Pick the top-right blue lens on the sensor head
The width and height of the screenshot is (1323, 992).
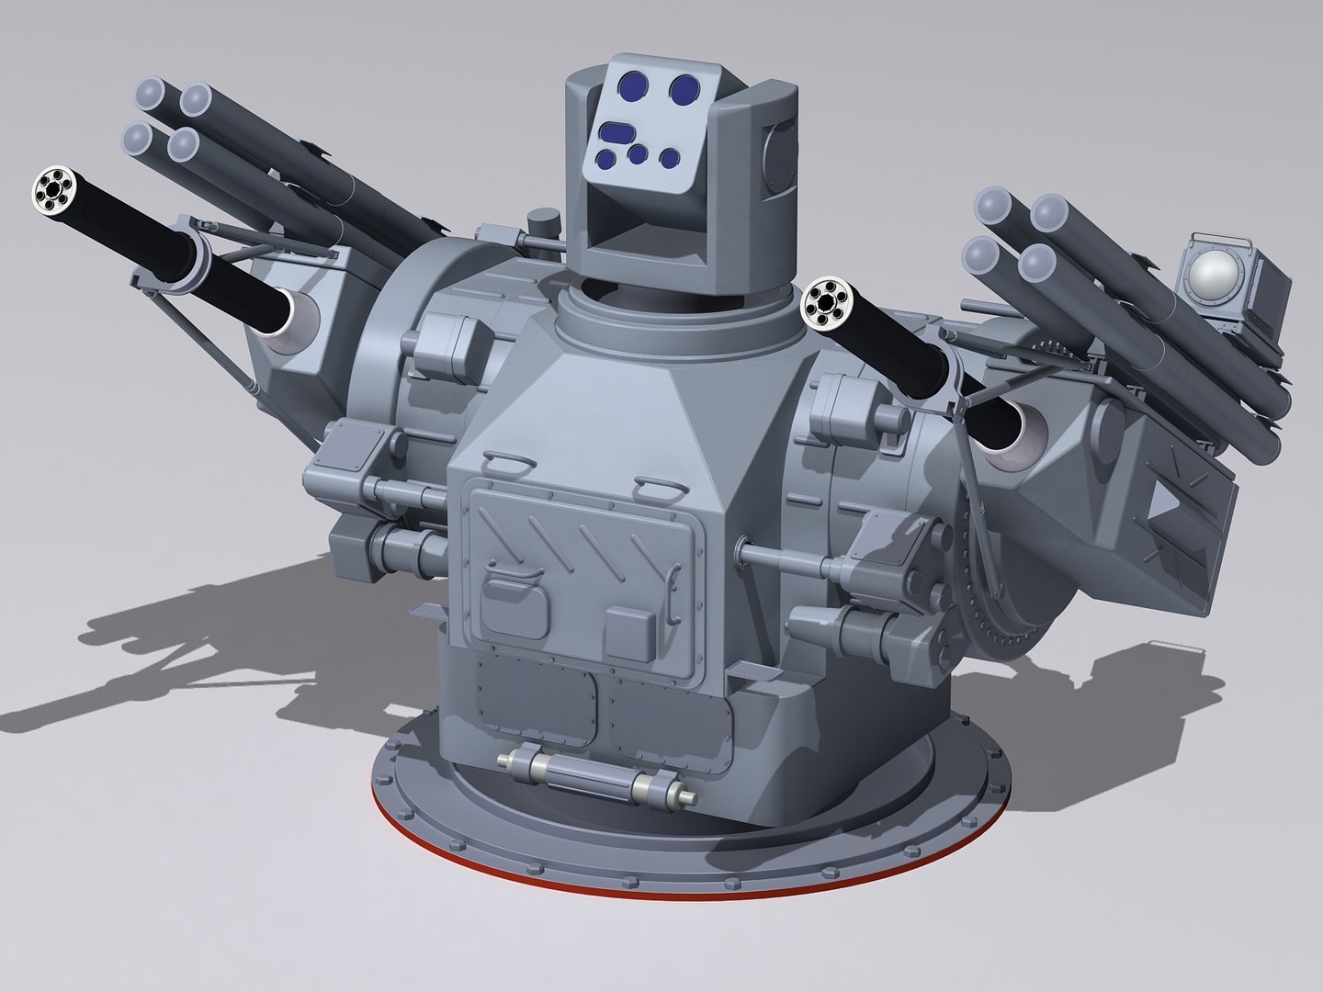click(683, 88)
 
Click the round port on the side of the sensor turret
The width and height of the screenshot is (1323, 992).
click(779, 148)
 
